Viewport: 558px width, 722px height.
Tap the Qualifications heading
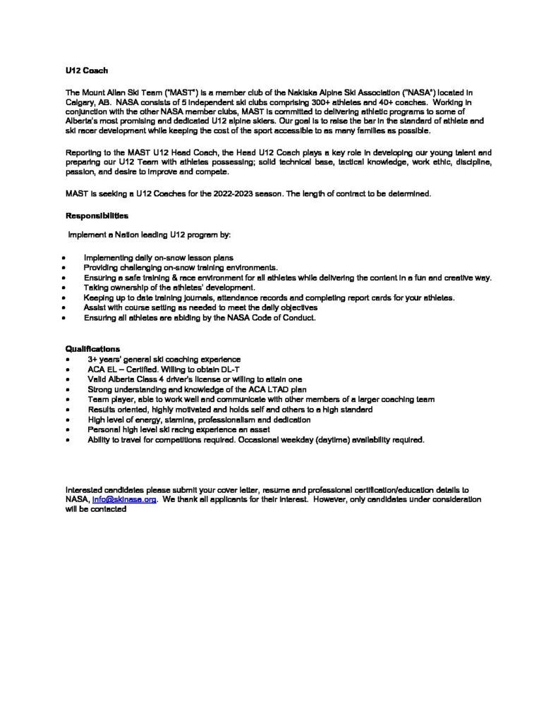click(x=92, y=348)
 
